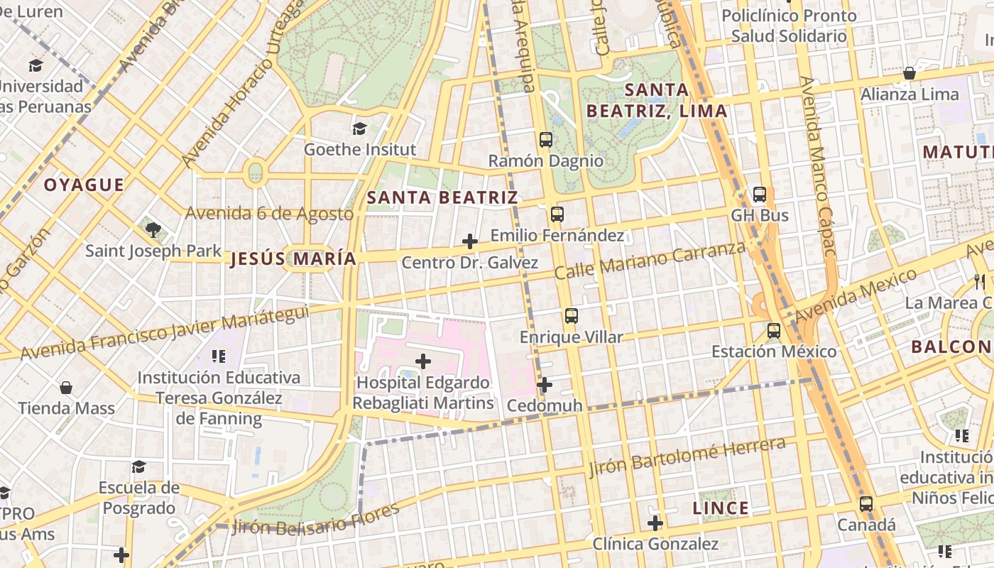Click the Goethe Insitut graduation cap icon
point(359,129)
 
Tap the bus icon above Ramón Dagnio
point(545,140)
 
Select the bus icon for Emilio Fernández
point(557,214)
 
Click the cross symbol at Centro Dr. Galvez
point(469,241)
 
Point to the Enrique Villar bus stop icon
point(571,316)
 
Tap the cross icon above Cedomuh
point(544,385)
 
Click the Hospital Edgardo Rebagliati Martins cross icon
point(422,361)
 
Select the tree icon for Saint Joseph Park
point(153,229)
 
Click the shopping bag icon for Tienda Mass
point(66,388)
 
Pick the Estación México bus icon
point(774,331)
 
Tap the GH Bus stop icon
point(759,194)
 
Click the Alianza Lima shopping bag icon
point(909,73)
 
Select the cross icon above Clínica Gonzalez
point(655,523)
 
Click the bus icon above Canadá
point(865,504)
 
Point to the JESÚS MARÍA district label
point(293,259)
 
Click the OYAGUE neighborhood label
point(84,185)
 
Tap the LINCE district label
point(720,508)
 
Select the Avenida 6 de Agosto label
point(269,213)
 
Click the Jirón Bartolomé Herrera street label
point(687,457)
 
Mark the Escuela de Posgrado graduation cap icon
point(138,466)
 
